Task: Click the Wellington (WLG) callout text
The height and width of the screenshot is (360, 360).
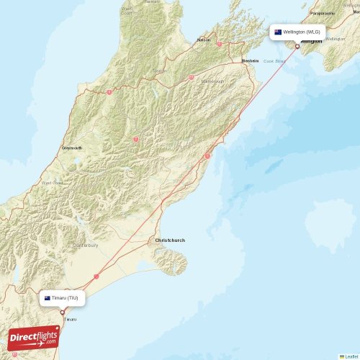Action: [302, 32]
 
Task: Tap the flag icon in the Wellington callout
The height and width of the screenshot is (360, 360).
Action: [278, 32]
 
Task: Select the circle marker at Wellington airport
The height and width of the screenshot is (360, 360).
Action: [297, 47]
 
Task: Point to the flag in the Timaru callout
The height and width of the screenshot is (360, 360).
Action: [48, 297]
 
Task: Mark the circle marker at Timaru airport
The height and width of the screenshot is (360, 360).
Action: [63, 312]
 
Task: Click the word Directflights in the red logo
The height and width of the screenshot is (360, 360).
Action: [33, 336]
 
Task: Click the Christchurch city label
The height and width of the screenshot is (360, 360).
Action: [170, 240]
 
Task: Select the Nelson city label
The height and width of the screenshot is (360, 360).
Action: [204, 39]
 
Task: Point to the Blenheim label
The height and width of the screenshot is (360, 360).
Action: [250, 60]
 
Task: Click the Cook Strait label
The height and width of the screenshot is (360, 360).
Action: [275, 61]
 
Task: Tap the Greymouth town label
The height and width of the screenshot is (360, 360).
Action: [72, 148]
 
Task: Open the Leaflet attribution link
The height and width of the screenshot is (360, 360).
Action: [349, 356]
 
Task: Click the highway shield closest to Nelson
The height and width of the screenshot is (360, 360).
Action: [219, 44]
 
